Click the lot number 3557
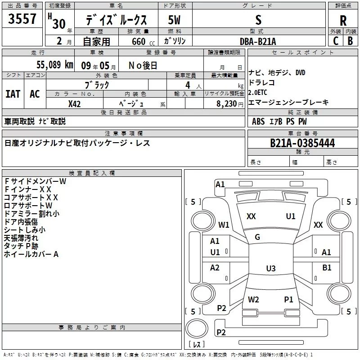(22, 19)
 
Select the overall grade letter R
(343, 21)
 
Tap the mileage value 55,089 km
(55, 65)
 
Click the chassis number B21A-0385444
(302, 143)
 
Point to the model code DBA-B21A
(258, 41)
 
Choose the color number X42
(74, 104)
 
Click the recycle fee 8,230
(227, 104)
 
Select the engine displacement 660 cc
(143, 42)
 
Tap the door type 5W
(174, 20)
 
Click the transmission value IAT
(13, 94)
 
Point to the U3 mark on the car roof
(271, 268)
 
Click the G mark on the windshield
(257, 237)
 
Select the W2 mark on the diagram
(253, 300)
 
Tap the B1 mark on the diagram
(327, 268)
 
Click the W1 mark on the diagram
(224, 225)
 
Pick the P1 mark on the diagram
(288, 300)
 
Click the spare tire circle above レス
(197, 328)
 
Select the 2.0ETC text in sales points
(257, 93)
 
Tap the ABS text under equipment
(258, 121)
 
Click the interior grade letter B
(351, 41)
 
